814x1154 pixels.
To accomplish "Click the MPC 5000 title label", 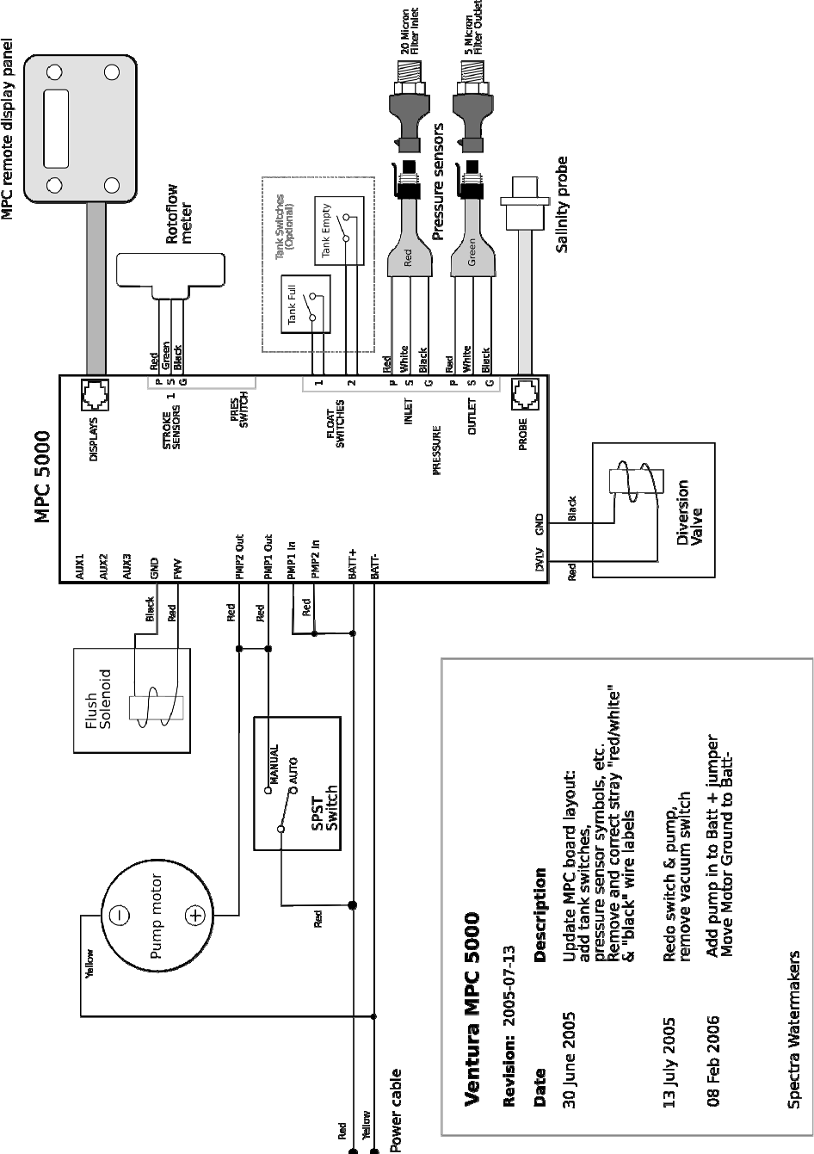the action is click(x=43, y=477).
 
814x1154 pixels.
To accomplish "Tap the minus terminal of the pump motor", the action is click(x=121, y=916).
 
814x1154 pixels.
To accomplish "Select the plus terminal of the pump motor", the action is click(x=195, y=916).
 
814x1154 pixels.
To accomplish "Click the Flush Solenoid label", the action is click(x=98, y=699).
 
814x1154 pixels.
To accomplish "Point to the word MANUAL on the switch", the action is click(x=274, y=764).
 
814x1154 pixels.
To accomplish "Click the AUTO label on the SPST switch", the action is click(x=293, y=771).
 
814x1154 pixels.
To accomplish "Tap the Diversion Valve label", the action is click(x=689, y=513).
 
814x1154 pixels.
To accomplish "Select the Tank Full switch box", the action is click(x=305, y=304).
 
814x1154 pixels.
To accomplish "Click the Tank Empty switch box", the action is click(x=339, y=231).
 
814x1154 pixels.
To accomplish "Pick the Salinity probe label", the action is click(x=562, y=205).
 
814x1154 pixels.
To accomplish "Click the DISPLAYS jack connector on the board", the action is click(x=96, y=395).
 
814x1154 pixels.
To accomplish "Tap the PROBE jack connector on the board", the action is click(x=525, y=394).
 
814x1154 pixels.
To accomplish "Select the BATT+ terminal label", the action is click(x=353, y=565).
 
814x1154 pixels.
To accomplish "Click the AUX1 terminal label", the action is click(x=80, y=567).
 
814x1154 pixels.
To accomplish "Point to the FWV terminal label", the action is click(x=178, y=570).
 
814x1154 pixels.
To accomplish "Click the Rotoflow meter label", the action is click(x=179, y=213).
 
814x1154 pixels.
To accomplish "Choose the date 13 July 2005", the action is click(x=669, y=1062).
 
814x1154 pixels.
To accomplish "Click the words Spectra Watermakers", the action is click(x=793, y=1029).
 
